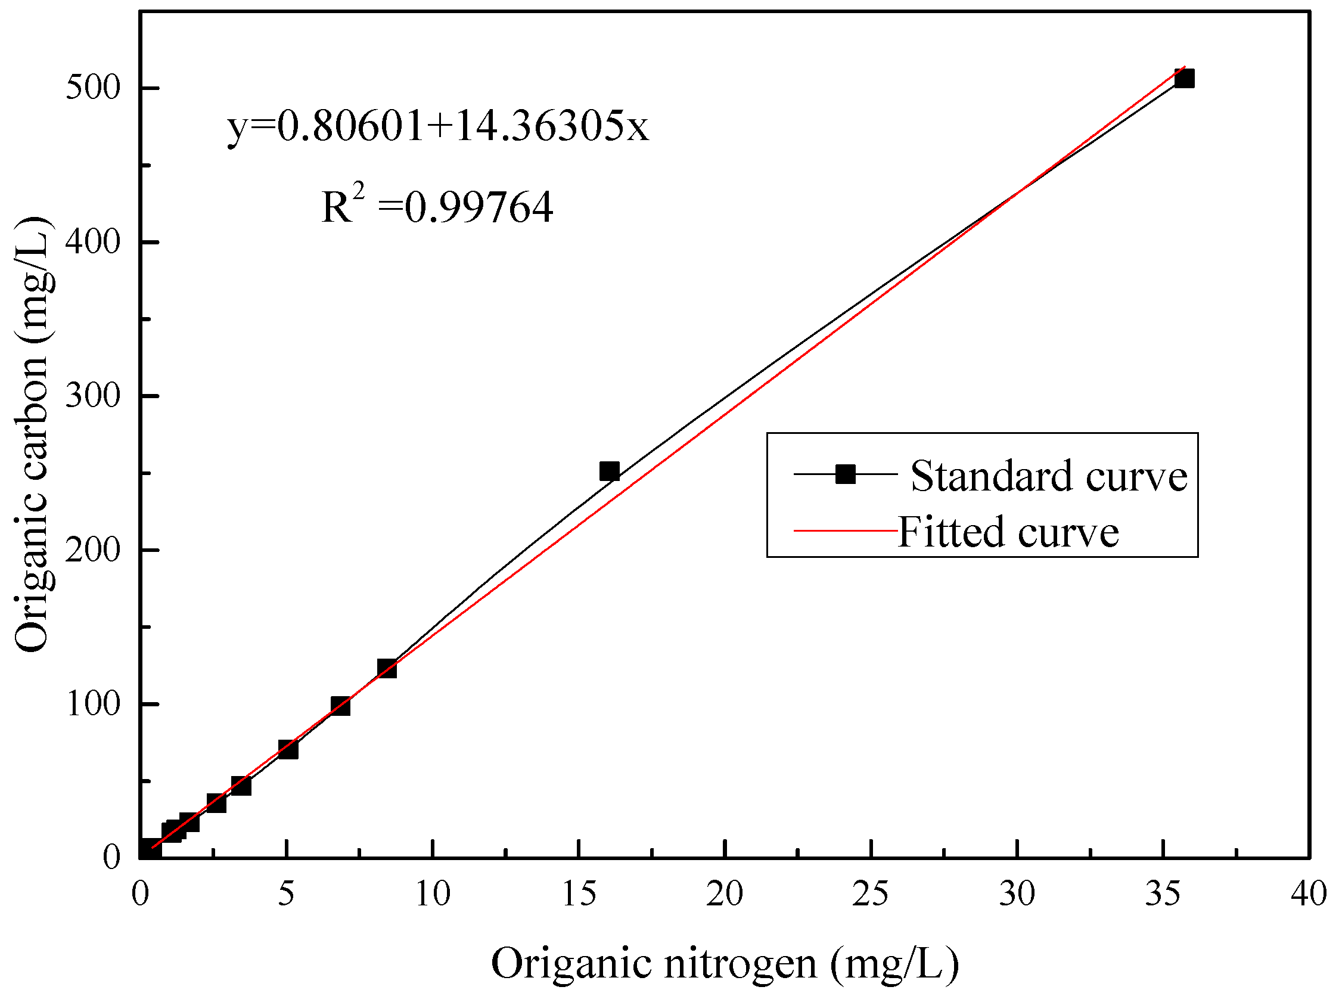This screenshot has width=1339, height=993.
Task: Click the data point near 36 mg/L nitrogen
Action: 1183,79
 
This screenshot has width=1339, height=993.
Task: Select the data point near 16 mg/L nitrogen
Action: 610,471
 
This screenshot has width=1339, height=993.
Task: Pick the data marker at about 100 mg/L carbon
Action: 340,706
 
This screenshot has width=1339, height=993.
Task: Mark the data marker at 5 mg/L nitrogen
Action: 288,750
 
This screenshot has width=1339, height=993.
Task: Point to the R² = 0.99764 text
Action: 437,206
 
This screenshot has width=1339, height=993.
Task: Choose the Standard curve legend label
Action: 1049,476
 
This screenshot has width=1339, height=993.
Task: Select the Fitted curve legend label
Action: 1008,532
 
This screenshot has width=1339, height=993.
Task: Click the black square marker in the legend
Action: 845,474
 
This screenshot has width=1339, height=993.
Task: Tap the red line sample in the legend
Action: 845,530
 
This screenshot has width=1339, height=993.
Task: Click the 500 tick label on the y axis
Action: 93,88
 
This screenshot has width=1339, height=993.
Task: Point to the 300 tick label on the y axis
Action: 93,396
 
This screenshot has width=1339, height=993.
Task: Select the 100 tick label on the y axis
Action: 93,704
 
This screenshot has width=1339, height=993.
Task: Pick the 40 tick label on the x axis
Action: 1309,894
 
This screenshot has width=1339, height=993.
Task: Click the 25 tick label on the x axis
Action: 870,894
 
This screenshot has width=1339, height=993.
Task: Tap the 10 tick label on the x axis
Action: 433,894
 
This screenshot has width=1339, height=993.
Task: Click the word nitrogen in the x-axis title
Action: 741,963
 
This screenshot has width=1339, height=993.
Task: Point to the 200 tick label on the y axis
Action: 93,550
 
